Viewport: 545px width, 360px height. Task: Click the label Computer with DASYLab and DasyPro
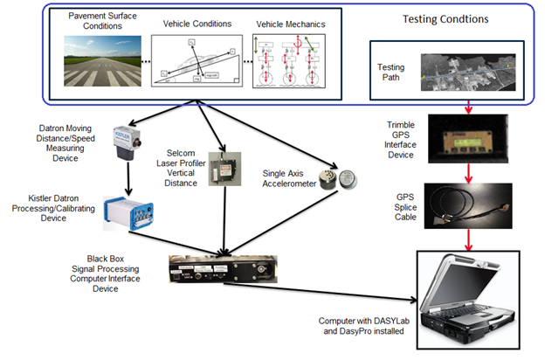point(360,330)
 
